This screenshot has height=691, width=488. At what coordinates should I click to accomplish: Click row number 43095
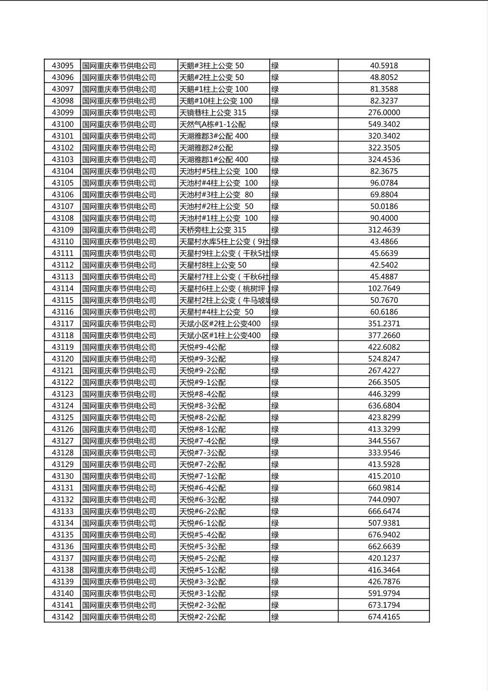[62, 66]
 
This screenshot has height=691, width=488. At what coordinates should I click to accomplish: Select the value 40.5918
[384, 66]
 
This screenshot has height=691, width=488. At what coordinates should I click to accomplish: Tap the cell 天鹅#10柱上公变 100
[216, 101]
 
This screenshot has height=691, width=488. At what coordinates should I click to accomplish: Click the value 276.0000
[384, 113]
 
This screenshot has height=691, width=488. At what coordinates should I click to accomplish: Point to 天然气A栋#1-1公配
[213, 124]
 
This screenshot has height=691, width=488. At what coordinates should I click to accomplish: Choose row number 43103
[62, 159]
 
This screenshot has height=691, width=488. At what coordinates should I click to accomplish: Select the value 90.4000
[384, 218]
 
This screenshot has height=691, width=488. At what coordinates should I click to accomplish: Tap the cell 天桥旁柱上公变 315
[213, 230]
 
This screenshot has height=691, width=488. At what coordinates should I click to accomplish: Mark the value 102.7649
[384, 289]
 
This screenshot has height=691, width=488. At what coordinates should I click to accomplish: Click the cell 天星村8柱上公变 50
[213, 265]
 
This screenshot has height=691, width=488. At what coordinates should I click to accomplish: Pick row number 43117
[62, 324]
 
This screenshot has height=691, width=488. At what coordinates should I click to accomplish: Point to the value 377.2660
[384, 336]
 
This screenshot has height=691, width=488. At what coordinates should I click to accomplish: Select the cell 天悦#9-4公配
[202, 347]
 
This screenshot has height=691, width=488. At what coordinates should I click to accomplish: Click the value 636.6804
[384, 406]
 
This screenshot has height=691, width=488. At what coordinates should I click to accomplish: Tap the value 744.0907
[384, 499]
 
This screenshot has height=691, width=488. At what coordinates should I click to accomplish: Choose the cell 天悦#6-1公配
[202, 523]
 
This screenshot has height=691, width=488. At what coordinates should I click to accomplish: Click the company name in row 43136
[119, 546]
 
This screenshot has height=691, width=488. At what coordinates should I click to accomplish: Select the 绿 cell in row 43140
[275, 594]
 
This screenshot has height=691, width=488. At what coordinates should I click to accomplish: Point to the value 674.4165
[384, 617]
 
